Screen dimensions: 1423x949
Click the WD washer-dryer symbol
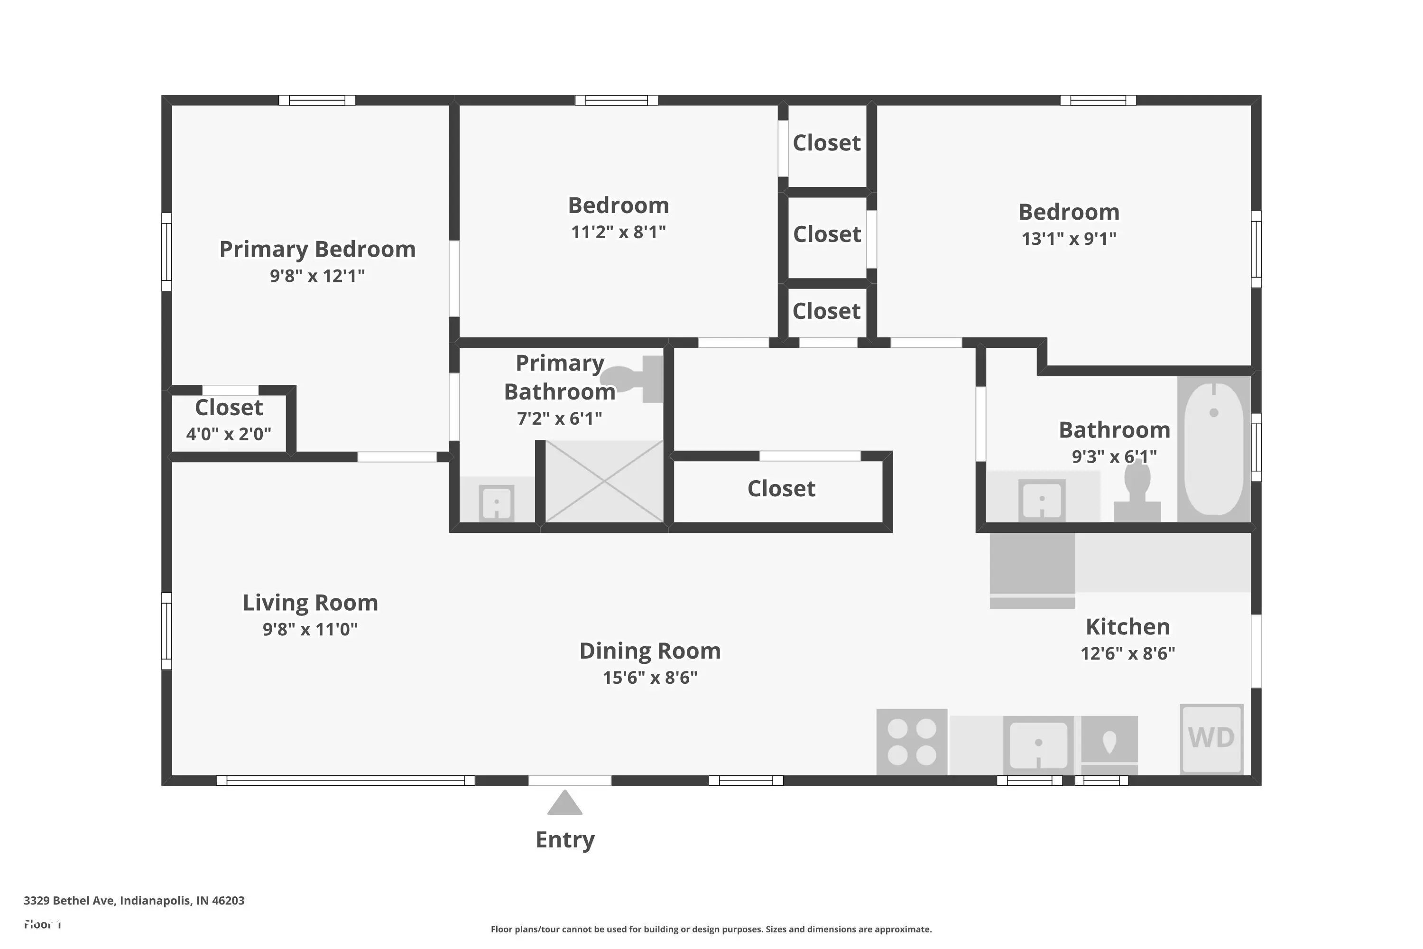tap(1211, 739)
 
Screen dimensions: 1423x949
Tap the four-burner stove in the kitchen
tap(912, 742)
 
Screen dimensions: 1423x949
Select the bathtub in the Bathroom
tap(1214, 448)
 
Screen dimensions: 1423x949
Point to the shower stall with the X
tap(604, 481)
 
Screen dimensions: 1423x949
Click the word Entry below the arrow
tap(565, 840)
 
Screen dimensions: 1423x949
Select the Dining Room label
tap(650, 651)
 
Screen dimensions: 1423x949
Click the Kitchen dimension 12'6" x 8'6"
tap(1128, 654)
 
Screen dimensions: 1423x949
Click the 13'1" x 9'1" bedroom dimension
tap(1069, 239)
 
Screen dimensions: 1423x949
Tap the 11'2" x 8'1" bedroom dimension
tap(619, 232)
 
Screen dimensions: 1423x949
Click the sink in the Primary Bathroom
tap(497, 502)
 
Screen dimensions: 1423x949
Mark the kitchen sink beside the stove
tap(1038, 745)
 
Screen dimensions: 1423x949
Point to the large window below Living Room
tap(345, 781)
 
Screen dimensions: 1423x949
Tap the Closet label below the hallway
tap(781, 488)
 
